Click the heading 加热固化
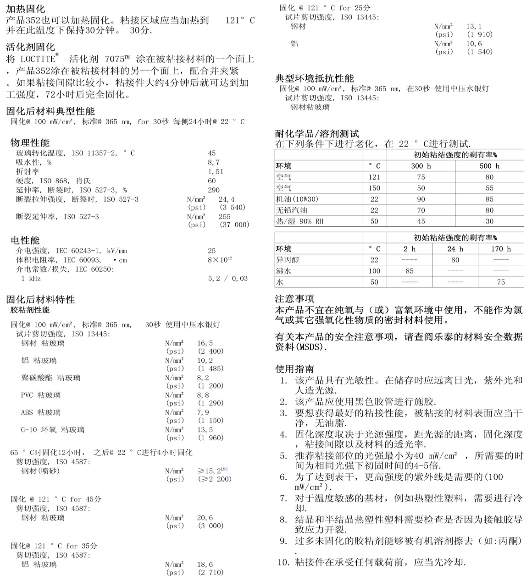pyautogui.click(x=26, y=8)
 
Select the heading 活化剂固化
pyautogui.click(x=30, y=47)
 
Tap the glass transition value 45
pyautogui.click(x=211, y=153)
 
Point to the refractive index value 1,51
pyautogui.click(x=216, y=171)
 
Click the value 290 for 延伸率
pyautogui.click(x=214, y=190)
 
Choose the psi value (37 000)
pyautogui.click(x=234, y=225)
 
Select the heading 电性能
pyautogui.click(x=25, y=240)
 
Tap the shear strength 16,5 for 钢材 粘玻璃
pyautogui.click(x=205, y=343)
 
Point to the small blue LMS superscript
pyautogui.click(x=224, y=469)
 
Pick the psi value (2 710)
pyautogui.click(x=211, y=572)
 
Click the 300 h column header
pyautogui.click(x=421, y=166)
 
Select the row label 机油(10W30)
pyautogui.click(x=297, y=199)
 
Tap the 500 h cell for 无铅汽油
pyautogui.click(x=489, y=210)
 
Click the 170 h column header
pyautogui.click(x=500, y=249)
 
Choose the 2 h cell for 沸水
pyautogui.click(x=410, y=271)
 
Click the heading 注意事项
pyautogui.click(x=294, y=299)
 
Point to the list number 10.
pyautogui.click(x=283, y=562)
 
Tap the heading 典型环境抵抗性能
pyautogui.click(x=314, y=78)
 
